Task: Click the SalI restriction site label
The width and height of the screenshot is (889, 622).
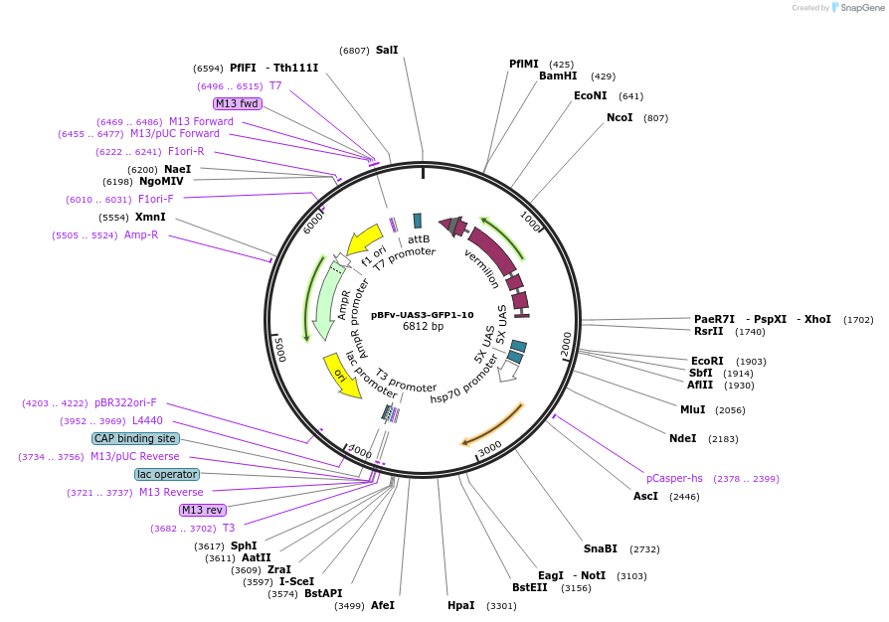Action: (387, 50)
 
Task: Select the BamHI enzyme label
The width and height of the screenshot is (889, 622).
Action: (558, 76)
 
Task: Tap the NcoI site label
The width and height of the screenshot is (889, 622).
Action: (620, 117)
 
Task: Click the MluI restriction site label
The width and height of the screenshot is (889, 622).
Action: (692, 409)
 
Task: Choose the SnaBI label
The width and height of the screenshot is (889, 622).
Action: (601, 548)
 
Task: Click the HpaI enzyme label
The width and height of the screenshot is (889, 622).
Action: (461, 605)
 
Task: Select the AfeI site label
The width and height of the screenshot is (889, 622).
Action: (383, 605)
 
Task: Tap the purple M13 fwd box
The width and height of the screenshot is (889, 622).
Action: (237, 103)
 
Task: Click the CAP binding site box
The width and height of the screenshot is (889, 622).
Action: (135, 438)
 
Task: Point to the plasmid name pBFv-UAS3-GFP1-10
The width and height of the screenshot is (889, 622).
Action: (423, 315)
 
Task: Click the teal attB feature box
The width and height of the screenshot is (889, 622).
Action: (418, 221)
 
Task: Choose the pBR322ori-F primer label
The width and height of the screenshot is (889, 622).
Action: (125, 403)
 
